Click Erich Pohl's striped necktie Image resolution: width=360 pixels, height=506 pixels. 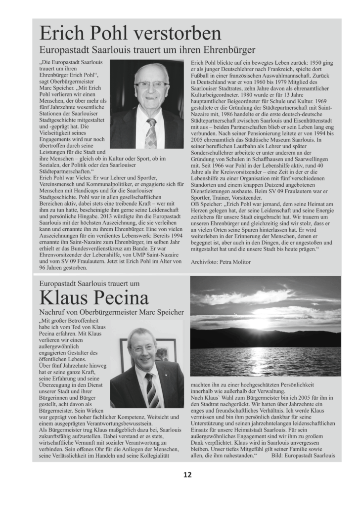pos(150,133)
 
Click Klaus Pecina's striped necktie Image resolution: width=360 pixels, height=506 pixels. pos(151,390)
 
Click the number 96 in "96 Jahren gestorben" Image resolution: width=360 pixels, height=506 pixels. pos(44,268)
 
